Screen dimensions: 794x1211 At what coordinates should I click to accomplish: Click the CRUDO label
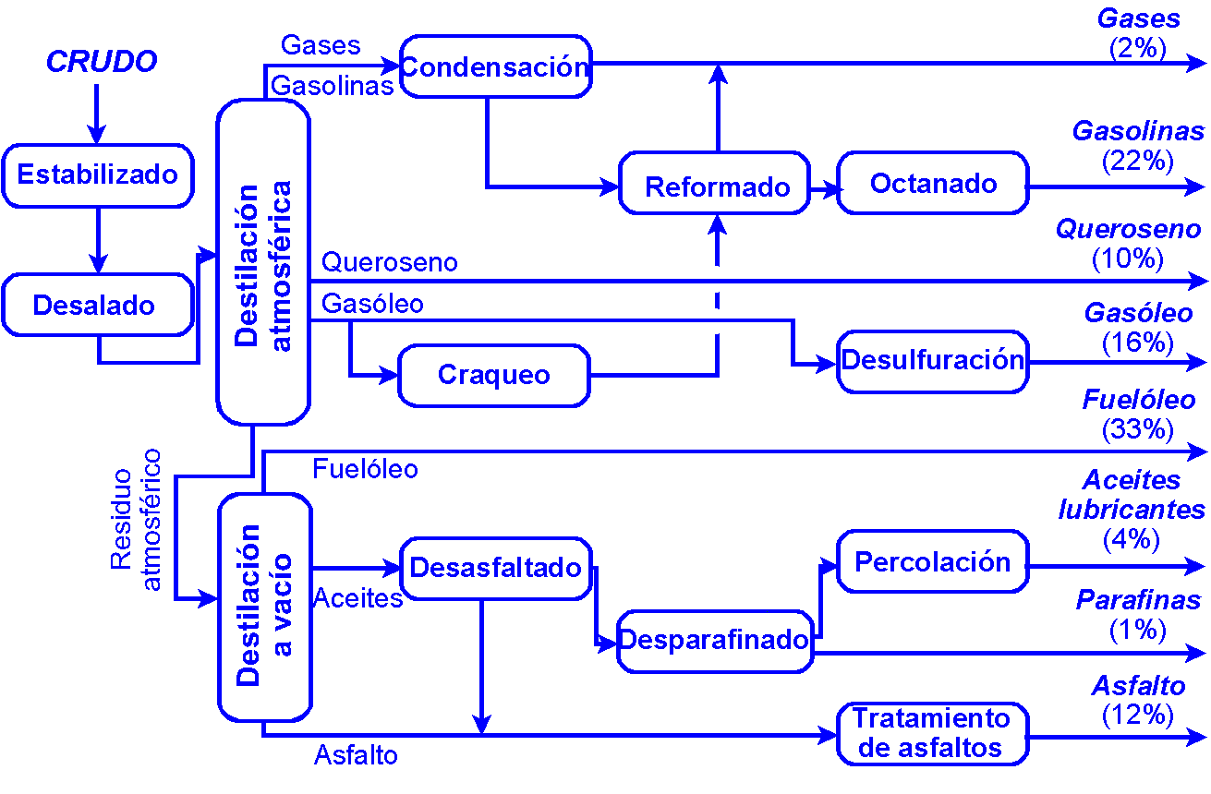tap(101, 62)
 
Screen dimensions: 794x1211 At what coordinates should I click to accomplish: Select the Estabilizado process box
tap(97, 174)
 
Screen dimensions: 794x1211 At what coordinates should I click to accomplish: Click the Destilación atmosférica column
tap(262, 263)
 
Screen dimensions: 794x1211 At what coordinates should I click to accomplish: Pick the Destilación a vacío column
tap(263, 606)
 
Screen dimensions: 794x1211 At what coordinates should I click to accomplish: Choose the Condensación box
tap(495, 66)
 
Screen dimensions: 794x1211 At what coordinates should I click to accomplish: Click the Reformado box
tap(717, 187)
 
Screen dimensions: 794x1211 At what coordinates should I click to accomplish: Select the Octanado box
tap(933, 184)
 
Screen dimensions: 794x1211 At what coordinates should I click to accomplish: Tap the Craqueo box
tap(493, 375)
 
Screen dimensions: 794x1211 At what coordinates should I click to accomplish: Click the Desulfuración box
tap(933, 361)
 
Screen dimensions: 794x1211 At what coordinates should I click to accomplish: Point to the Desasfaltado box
tap(496, 567)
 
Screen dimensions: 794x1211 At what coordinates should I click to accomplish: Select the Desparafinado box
tap(714, 640)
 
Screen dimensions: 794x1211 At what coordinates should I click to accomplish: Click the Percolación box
tap(933, 561)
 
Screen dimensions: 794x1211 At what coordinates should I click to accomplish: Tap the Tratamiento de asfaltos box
tap(931, 733)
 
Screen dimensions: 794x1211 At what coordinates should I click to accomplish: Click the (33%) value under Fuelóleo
tap(1138, 429)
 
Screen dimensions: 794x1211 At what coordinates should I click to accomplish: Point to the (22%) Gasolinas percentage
tap(1138, 161)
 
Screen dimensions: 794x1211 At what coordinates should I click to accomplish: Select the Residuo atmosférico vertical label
tap(137, 520)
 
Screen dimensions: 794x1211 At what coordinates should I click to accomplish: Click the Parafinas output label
tap(1138, 601)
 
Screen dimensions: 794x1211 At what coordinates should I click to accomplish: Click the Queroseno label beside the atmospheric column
tap(389, 262)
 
